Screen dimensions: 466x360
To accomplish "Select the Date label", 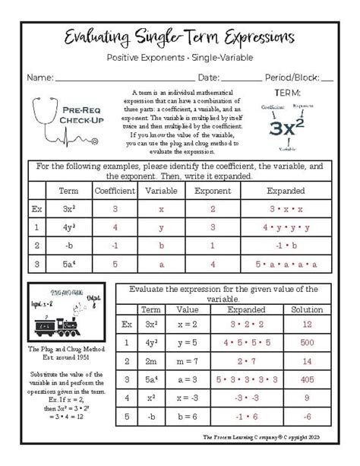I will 209,77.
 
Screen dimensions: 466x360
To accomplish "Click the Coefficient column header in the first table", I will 115,191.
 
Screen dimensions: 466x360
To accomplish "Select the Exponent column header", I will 212,191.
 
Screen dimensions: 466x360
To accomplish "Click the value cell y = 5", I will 187,343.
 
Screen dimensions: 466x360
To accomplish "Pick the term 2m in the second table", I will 151,360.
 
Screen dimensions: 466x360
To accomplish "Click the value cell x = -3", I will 187,396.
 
